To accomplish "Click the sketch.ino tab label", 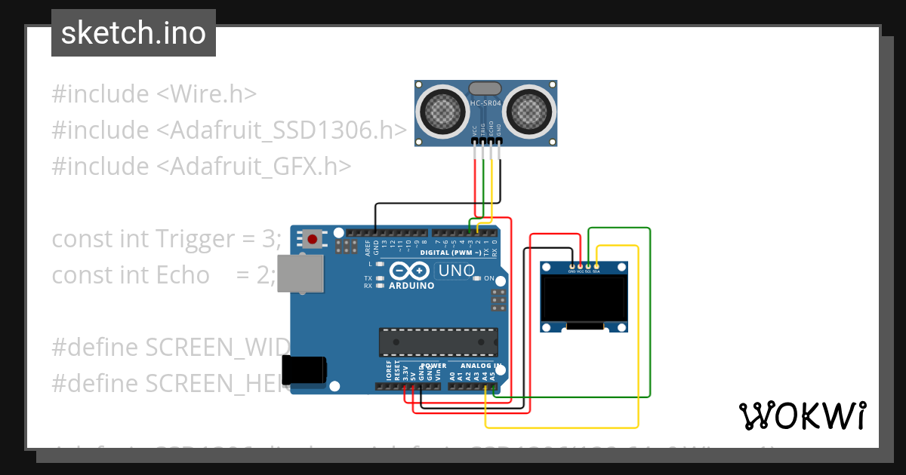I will coord(133,33).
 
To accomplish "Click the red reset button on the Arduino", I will coord(313,241).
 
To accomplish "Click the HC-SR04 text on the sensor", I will coord(485,103).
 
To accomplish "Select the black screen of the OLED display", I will coord(585,298).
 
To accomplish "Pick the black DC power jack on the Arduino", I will coord(304,369).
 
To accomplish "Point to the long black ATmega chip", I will coord(438,342).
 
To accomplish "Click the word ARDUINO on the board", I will coord(411,286).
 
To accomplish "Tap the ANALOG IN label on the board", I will coord(472,366).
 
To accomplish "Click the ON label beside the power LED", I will coord(488,278).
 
